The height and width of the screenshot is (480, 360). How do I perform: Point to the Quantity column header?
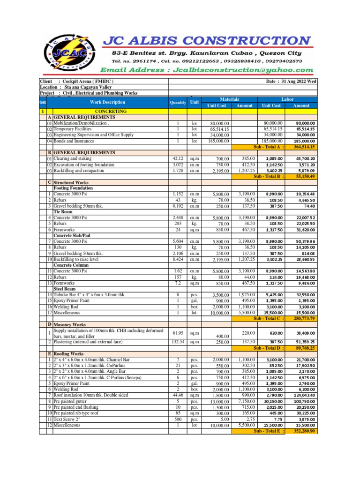178,103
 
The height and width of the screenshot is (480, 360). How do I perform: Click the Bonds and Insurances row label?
74,141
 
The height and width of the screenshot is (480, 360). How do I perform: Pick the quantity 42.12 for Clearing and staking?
178,159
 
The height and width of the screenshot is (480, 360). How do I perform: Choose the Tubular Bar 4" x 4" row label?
89,294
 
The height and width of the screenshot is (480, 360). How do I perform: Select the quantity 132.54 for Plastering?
178,343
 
